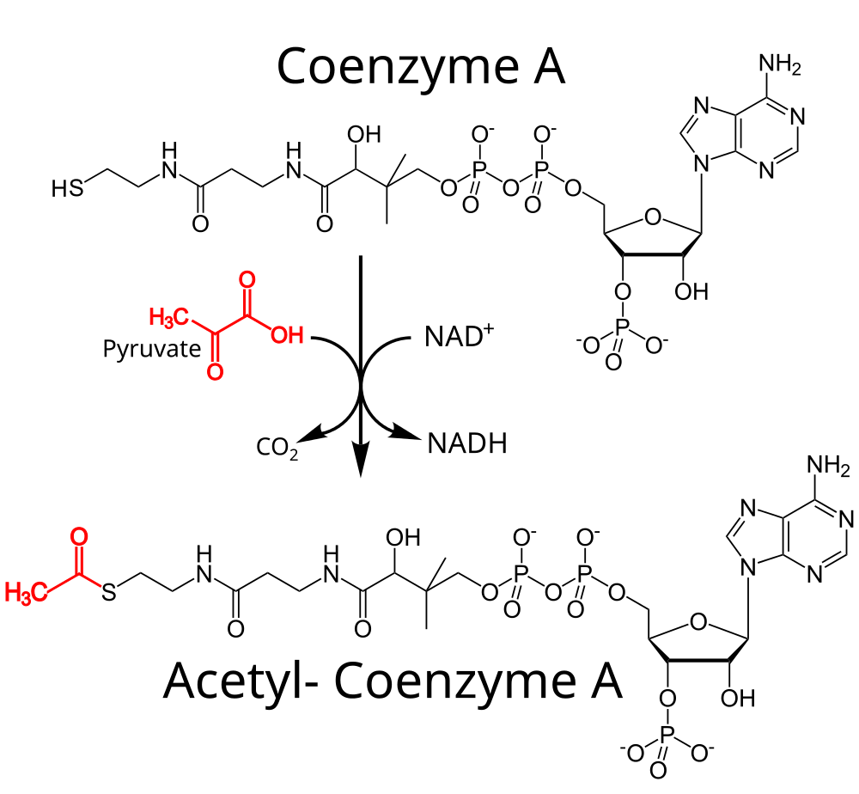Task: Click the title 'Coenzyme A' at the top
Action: (421, 66)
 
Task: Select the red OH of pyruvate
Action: (288, 334)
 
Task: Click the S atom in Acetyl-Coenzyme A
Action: (109, 592)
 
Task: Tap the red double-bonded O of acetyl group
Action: (79, 536)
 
